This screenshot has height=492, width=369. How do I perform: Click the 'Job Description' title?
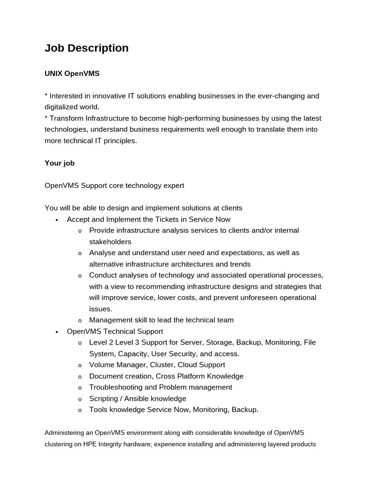pos(86,48)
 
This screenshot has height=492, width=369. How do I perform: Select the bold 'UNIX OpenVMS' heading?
pos(72,74)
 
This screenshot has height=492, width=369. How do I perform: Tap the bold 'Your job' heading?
pos(60,163)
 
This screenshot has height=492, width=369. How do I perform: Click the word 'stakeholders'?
pos(110,242)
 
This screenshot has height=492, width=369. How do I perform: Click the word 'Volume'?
pos(101,365)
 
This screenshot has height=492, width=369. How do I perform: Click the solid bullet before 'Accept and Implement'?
pos(57,220)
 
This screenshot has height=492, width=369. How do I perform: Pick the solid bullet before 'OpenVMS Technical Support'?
pos(57,332)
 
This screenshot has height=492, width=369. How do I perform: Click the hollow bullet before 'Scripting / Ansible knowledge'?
pos(80,399)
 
